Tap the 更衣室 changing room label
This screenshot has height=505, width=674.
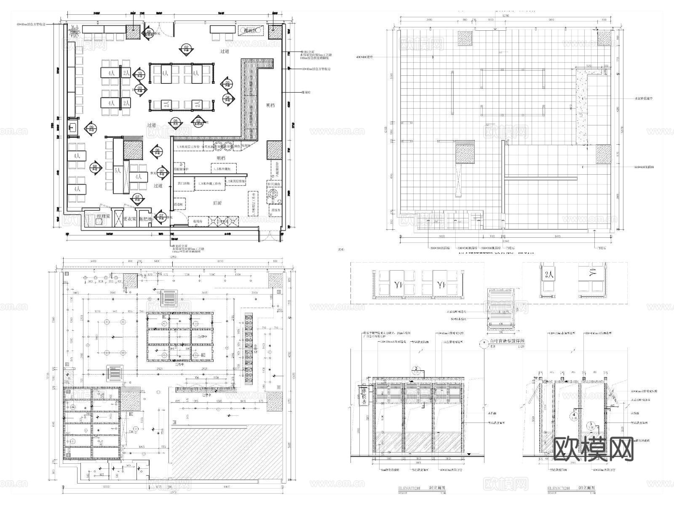(130, 219)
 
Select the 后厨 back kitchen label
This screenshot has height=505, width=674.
(217, 203)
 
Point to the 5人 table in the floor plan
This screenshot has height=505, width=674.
(118, 171)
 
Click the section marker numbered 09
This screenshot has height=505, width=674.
(91, 128)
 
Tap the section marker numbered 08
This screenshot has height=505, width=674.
(95, 168)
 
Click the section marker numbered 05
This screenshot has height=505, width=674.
(176, 123)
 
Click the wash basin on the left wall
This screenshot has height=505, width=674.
(73, 127)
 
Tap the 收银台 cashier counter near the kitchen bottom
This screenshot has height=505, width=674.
(198, 221)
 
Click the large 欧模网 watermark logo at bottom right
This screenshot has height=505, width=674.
(594, 449)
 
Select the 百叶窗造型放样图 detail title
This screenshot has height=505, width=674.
(505, 341)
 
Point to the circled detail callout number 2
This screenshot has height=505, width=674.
(416, 369)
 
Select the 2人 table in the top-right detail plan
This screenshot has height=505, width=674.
(548, 275)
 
